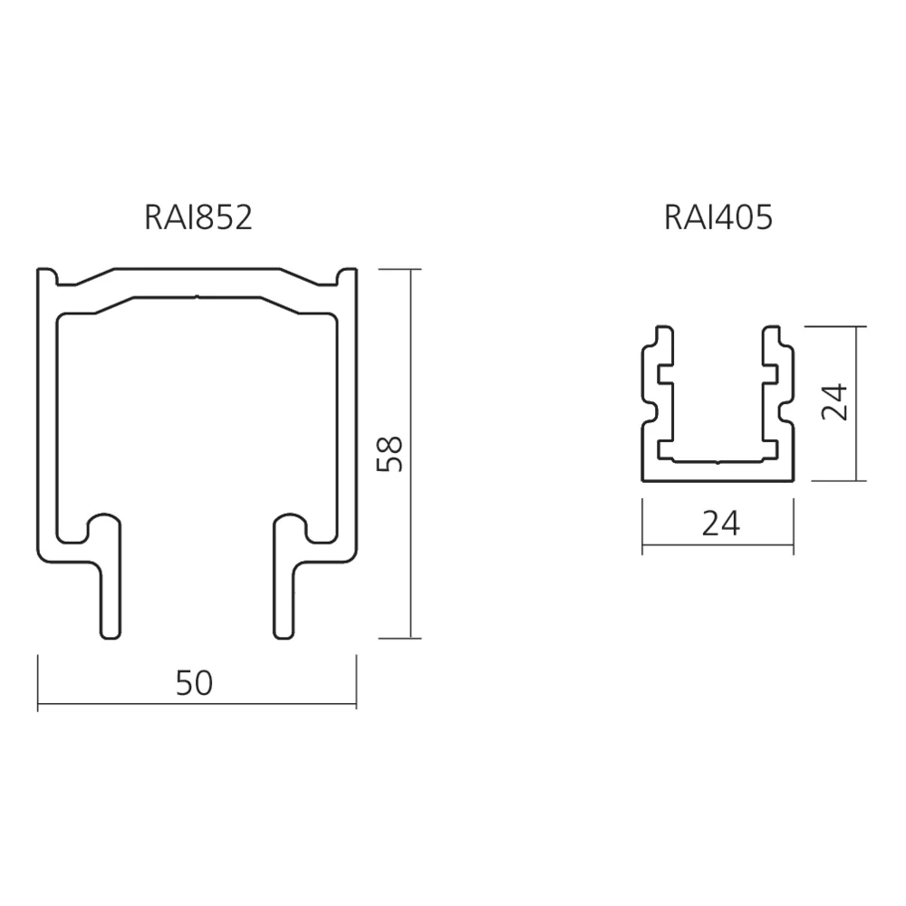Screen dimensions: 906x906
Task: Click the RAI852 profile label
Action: tap(198, 218)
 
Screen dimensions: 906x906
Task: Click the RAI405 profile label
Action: tap(718, 218)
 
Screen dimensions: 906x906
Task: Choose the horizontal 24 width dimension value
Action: tap(720, 524)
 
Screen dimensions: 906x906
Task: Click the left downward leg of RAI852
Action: tap(109, 589)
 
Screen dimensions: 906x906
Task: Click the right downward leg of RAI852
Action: tap(284, 589)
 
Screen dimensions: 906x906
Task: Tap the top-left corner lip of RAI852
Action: tap(47, 276)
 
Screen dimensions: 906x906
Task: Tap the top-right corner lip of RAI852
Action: tap(346, 276)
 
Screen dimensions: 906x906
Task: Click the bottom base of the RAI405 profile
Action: tap(718, 469)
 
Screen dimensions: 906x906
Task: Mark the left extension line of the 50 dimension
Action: tap(38, 679)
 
